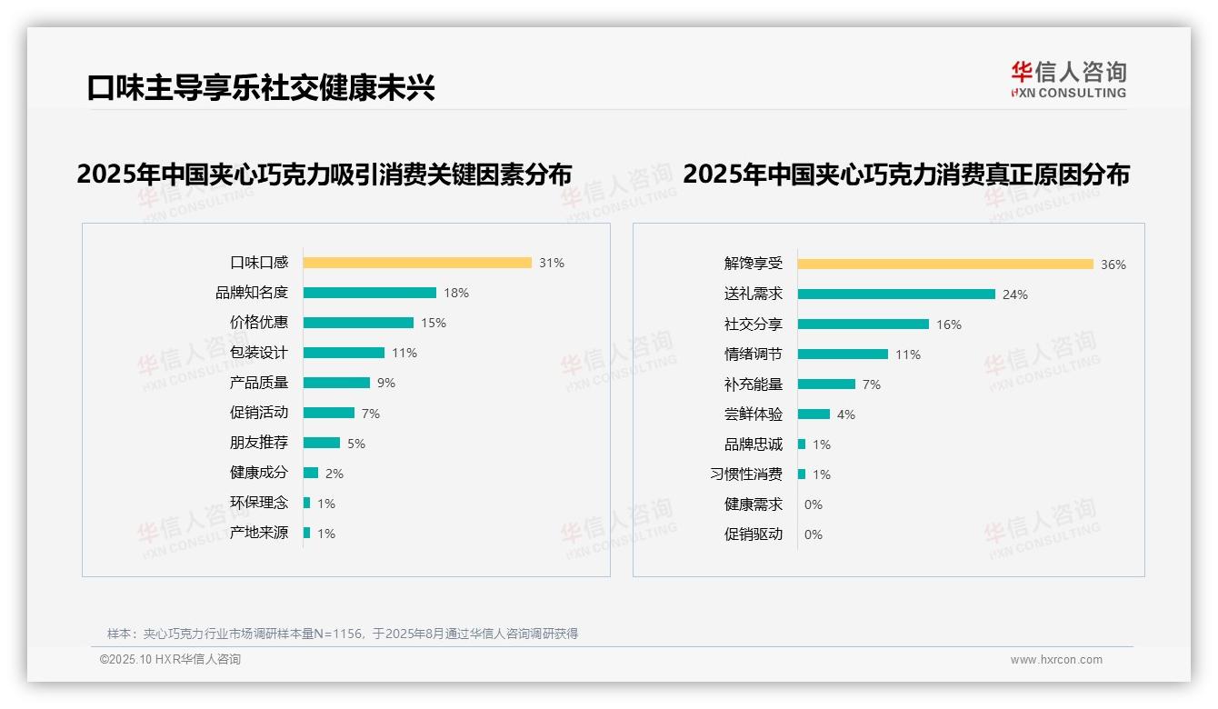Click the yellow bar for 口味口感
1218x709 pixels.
click(417, 263)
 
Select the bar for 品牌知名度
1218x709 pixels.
click(370, 293)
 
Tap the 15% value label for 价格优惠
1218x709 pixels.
click(434, 323)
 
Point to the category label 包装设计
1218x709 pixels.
click(259, 353)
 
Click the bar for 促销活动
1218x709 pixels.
click(329, 413)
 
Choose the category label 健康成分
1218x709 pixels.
click(259, 473)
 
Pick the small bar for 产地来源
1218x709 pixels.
click(307, 533)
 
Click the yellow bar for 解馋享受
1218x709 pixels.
click(945, 265)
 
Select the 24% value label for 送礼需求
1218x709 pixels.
click(1015, 295)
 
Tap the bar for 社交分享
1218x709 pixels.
click(864, 325)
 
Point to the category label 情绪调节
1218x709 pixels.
click(754, 354)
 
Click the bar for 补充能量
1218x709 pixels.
click(826, 384)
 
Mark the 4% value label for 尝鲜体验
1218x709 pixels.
click(846, 414)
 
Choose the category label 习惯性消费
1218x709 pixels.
click(746, 474)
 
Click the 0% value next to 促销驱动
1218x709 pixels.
click(814, 534)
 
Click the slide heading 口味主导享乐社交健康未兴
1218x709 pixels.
click(261, 88)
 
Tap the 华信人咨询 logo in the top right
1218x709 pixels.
click(1068, 80)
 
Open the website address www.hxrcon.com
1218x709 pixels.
click(1056, 660)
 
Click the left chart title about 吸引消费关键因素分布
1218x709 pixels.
click(324, 175)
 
